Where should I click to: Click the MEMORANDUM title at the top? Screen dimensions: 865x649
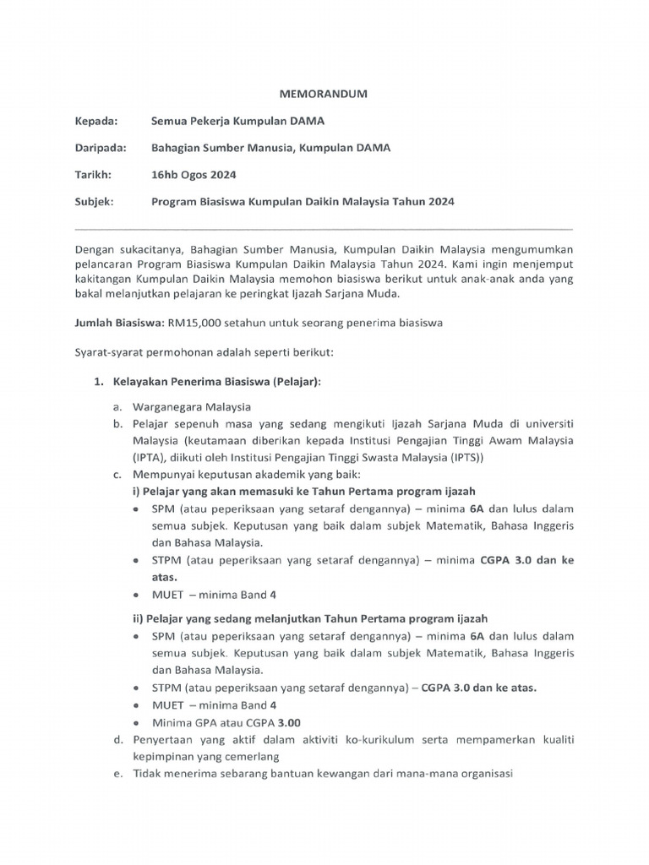point(324,95)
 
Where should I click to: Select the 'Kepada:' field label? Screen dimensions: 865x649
point(96,121)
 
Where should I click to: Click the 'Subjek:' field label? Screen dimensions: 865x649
point(94,202)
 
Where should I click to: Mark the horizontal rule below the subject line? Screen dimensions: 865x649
point(324,229)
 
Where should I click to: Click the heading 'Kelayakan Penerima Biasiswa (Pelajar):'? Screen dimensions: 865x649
point(218,382)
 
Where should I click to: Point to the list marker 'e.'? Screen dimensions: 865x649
point(118,774)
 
